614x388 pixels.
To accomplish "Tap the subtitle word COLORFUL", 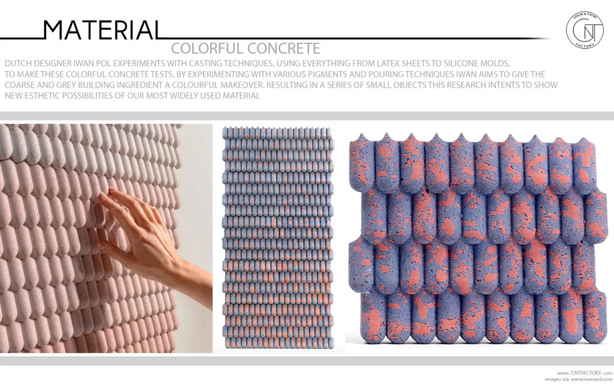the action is tap(206, 48).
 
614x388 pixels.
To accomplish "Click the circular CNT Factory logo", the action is tap(585, 29).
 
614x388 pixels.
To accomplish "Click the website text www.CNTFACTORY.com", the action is tap(585, 373).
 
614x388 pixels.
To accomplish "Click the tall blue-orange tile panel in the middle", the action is tap(278, 239).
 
